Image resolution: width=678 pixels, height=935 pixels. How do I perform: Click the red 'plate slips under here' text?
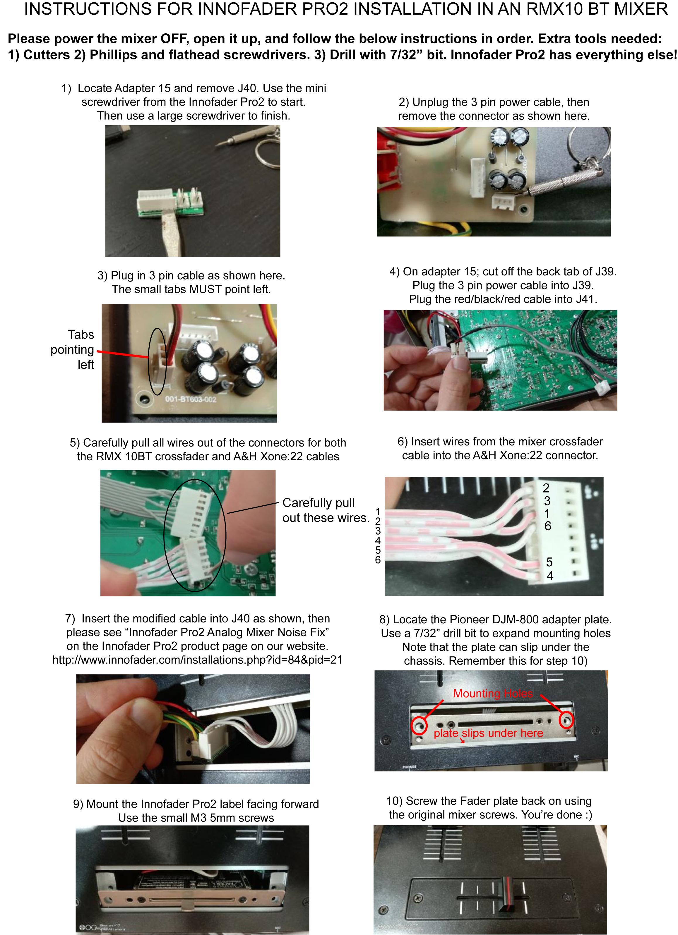pos(488,733)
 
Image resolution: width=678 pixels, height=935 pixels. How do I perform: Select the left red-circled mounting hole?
pos(419,725)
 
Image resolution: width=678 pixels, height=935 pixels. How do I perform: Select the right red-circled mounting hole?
pos(566,720)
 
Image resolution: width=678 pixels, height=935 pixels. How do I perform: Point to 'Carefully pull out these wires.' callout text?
pos(326,510)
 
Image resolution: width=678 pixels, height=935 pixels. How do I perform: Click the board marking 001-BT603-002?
pos(191,399)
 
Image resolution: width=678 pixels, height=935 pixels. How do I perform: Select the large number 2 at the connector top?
pos(546,488)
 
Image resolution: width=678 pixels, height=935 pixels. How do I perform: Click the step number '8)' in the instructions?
pos(384,620)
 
